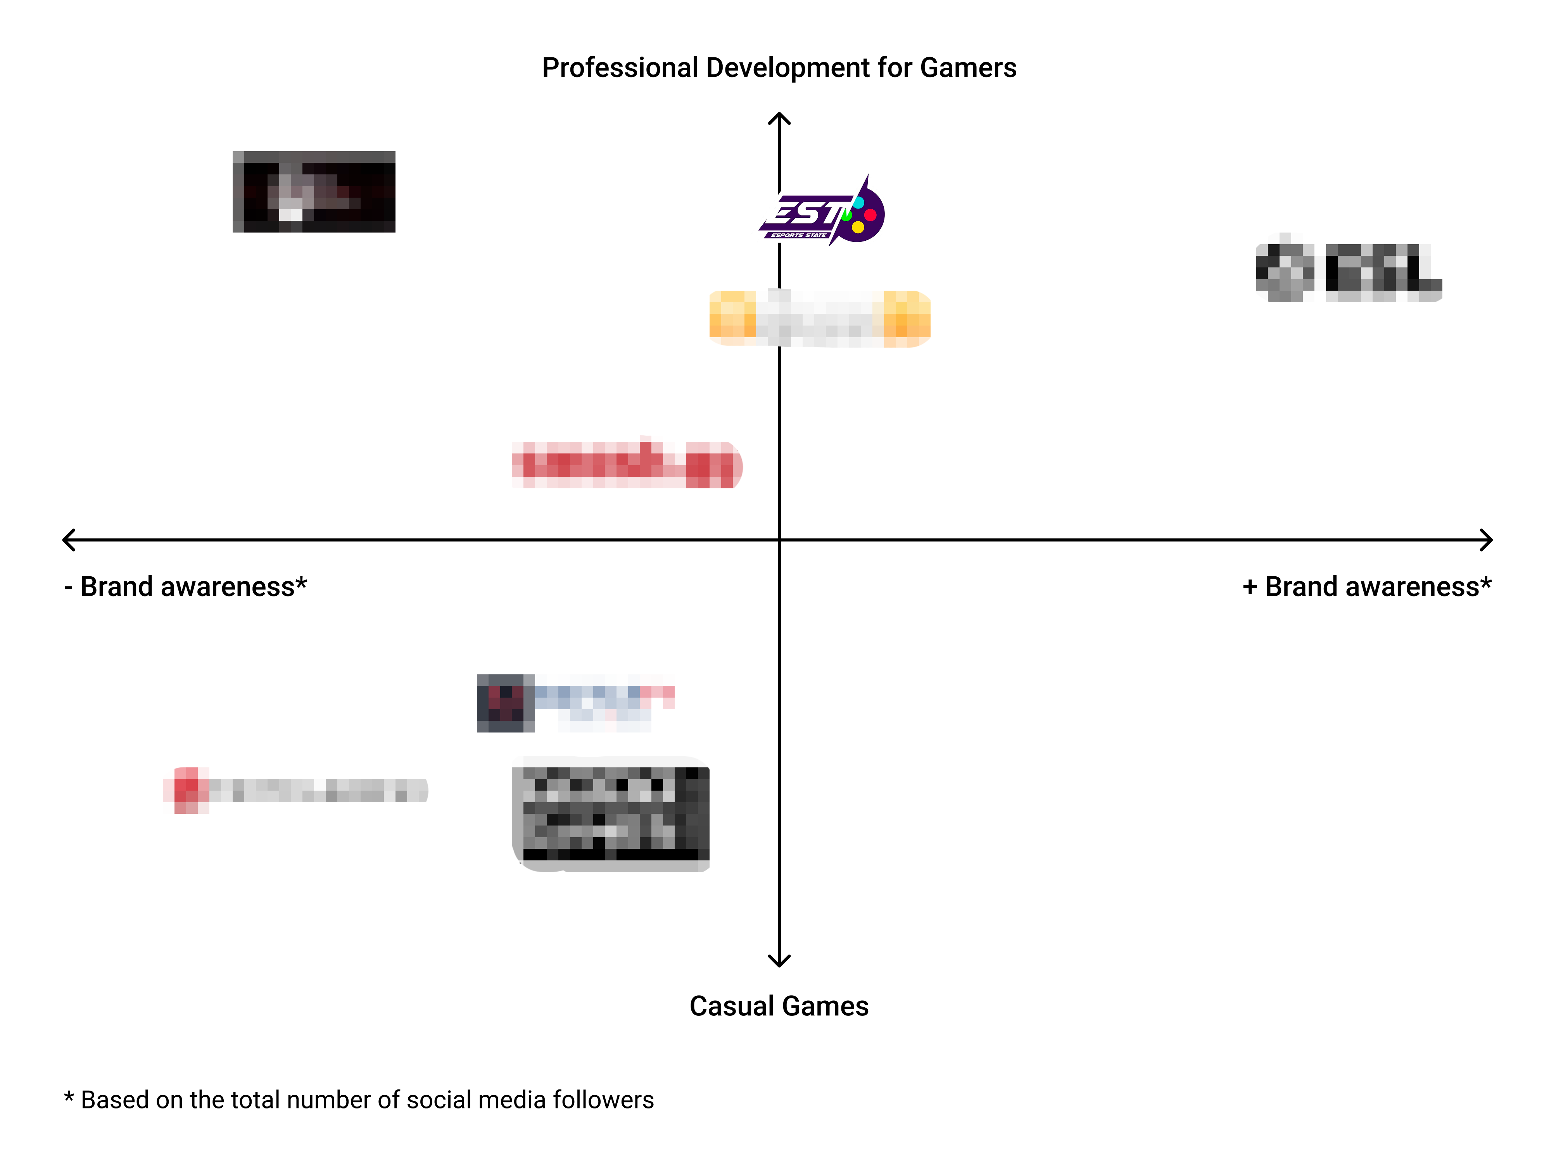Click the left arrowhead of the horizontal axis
(67, 540)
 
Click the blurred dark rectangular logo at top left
(314, 191)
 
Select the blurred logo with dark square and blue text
(575, 703)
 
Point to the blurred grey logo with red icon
(295, 790)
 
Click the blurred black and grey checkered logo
(611, 814)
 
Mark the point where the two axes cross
(779, 540)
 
